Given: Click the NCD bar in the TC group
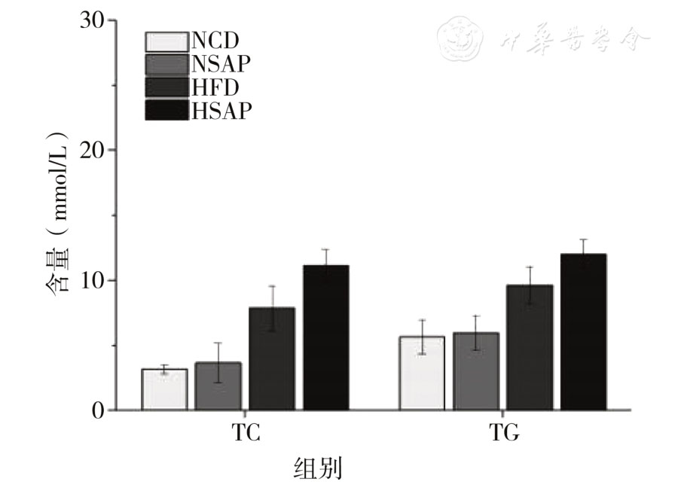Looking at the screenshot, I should pos(164,390).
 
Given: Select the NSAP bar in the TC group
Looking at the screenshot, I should pos(218,386).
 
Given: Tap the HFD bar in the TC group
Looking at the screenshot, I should pos(272,359).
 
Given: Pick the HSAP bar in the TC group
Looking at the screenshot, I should pos(325,338).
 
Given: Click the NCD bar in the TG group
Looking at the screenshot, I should pos(423,374).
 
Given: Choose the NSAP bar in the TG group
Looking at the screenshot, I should pos(476,372).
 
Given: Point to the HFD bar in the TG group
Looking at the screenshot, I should pos(530,348).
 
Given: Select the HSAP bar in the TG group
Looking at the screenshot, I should pos(583,332).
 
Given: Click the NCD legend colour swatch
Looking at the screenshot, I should pos(166,41).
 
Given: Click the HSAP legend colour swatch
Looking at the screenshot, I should pos(166,110).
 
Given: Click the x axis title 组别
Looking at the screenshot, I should pos(316,468).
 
